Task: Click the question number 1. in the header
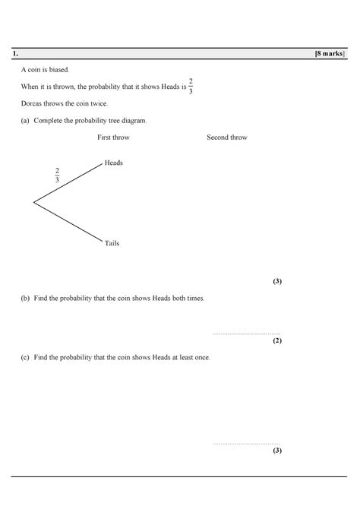pyautogui.click(x=14, y=55)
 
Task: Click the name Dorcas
pyautogui.click(x=31, y=103)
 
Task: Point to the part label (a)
pyautogui.click(x=26, y=120)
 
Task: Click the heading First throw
pyautogui.click(x=113, y=138)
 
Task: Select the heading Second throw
pyautogui.click(x=226, y=138)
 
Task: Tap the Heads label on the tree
pyautogui.click(x=113, y=163)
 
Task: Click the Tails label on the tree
pyautogui.click(x=112, y=243)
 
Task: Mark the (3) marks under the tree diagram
pyautogui.click(x=277, y=281)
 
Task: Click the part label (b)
pyautogui.click(x=26, y=299)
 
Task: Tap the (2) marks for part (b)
pyautogui.click(x=277, y=340)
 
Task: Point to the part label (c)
pyautogui.click(x=26, y=357)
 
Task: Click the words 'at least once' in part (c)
pyautogui.click(x=190, y=357)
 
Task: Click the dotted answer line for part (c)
pyautogui.click(x=247, y=442)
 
